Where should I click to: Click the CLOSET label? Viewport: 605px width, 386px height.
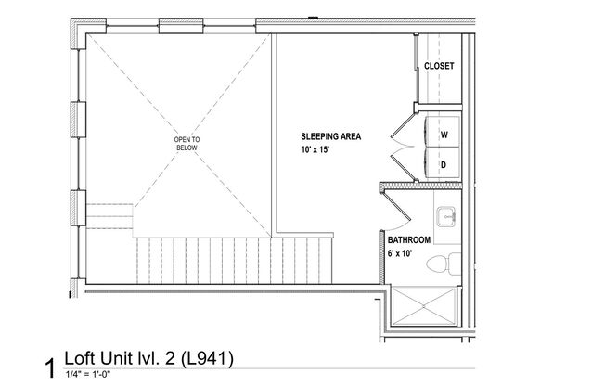point(439,67)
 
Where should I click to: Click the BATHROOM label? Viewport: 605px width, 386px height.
point(409,239)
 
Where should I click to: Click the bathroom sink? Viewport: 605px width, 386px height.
point(447,216)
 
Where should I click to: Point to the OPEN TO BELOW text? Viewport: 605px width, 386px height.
point(187,144)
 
